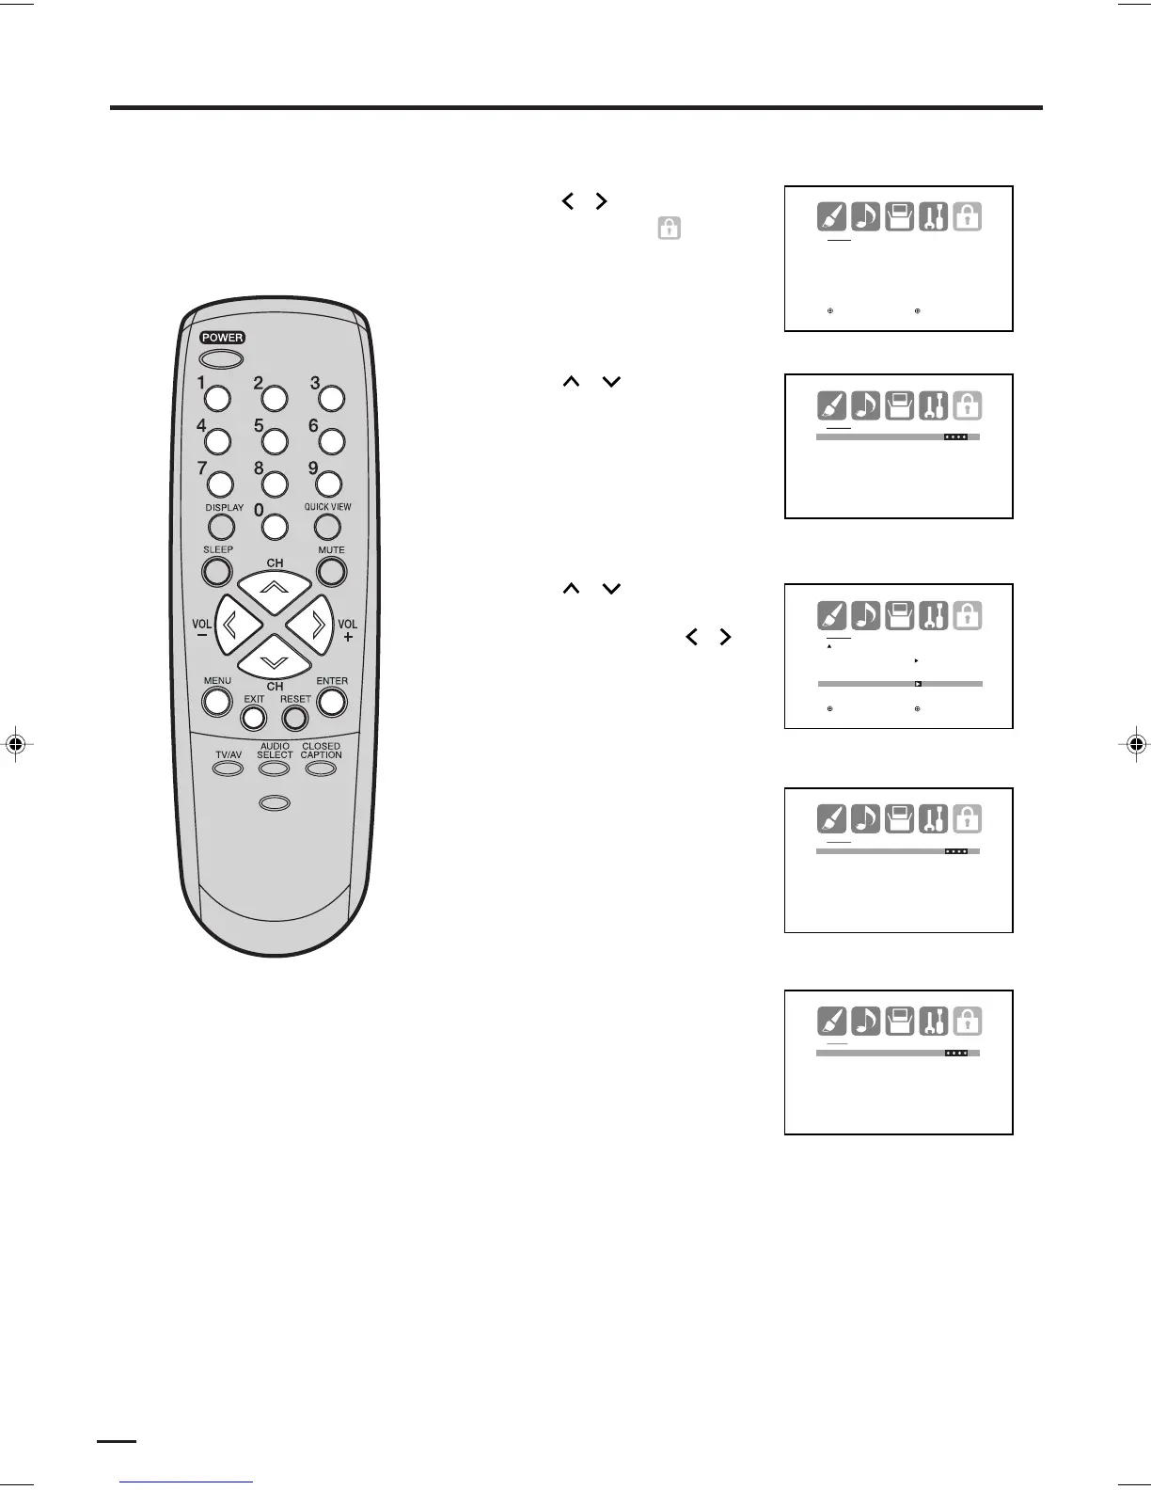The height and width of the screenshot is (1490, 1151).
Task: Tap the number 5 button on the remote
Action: tap(275, 440)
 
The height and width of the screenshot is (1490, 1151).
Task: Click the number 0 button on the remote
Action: tap(275, 526)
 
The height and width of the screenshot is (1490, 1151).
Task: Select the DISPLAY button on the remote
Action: tap(222, 527)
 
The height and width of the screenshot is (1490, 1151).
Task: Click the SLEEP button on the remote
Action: tap(217, 571)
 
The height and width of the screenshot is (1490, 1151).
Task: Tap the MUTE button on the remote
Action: tap(331, 571)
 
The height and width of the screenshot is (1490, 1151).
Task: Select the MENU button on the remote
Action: tap(217, 701)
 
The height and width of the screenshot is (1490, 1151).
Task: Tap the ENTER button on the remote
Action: tap(332, 701)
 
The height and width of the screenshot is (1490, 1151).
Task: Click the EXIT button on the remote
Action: tap(254, 718)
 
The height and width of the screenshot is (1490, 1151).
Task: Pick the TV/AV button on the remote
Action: tap(228, 769)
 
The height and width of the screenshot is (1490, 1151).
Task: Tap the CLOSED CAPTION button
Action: tap(321, 769)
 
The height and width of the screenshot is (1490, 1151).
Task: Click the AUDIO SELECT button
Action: tap(275, 769)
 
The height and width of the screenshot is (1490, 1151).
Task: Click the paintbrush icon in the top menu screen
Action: tap(831, 217)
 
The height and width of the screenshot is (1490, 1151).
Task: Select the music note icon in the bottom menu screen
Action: tap(865, 1022)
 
